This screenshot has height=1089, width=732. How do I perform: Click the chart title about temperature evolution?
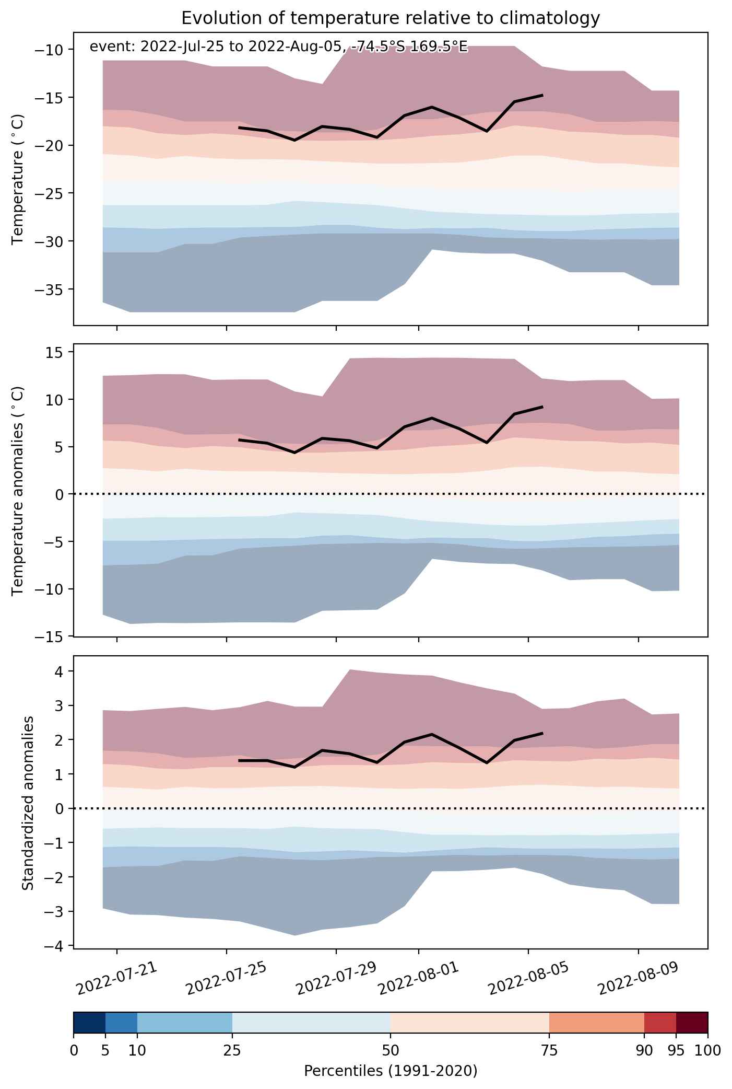(391, 18)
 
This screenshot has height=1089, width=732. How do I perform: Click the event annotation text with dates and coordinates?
(278, 47)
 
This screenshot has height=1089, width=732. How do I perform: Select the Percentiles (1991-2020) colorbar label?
(391, 1071)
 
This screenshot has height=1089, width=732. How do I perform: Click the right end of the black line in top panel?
(543, 95)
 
